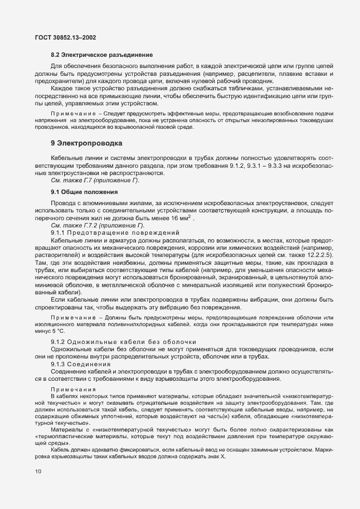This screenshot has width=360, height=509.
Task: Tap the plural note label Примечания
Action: click(x=73, y=389)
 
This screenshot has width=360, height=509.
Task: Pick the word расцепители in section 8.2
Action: click(x=252, y=74)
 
